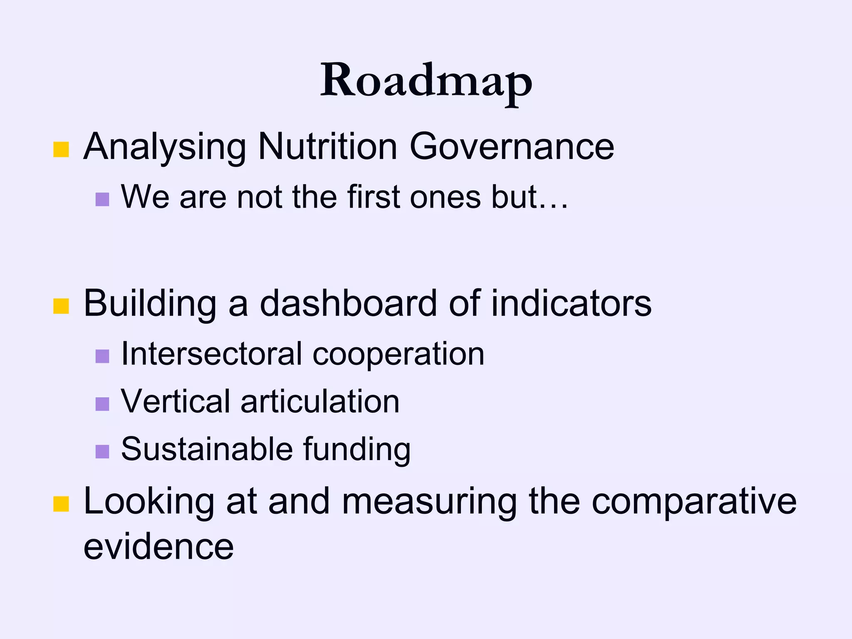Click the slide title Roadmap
426,81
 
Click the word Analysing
165,146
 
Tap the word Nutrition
327,146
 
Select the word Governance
512,146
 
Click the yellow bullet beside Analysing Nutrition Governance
61,149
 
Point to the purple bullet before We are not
102,199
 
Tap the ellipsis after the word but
553,204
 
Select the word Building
150,304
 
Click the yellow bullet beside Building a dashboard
61,306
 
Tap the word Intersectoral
211,354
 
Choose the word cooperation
398,354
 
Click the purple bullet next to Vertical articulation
102,404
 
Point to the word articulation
320,401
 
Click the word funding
357,450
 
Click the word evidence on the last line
159,547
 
